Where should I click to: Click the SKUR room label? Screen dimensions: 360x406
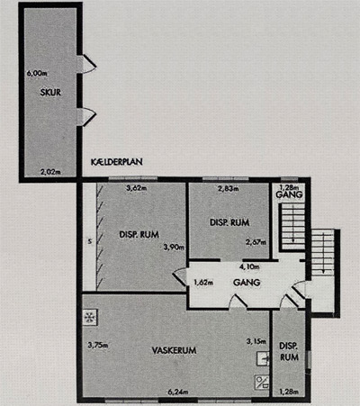pos(50,92)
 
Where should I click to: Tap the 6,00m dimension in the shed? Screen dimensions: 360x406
pos(37,73)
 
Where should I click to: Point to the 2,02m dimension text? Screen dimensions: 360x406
pos(50,172)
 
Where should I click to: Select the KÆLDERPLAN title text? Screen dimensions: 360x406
pos(117,162)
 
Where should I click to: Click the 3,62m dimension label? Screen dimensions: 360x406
pos(137,188)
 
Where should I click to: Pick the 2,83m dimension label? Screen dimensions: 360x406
pos(229,189)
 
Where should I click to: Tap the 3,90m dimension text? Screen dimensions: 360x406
pos(174,248)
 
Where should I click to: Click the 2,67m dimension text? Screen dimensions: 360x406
pos(256,242)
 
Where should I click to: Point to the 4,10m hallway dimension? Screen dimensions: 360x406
pos(249,266)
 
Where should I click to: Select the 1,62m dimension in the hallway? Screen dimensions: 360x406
pos(203,283)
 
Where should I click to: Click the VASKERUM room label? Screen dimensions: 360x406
pos(174,350)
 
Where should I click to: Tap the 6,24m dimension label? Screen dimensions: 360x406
pos(178,392)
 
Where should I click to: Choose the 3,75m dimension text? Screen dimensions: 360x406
pos(98,345)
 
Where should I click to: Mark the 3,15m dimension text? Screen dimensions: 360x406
pos(256,341)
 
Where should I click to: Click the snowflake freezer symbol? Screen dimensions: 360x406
pos(89,317)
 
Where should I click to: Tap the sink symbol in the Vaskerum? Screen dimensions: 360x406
pos(263,358)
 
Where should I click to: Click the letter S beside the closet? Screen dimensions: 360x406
pos(89,241)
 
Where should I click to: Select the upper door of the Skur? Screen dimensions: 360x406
pos(87,64)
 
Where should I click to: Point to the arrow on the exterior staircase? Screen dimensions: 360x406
pos(323,254)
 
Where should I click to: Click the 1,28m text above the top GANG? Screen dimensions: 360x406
pos(288,187)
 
